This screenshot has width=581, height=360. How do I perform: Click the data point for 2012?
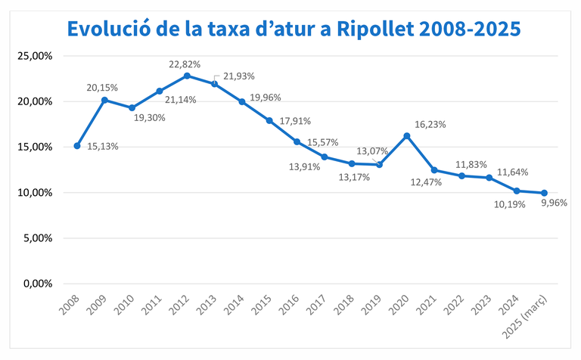[x=187, y=76]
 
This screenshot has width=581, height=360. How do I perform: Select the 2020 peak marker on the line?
[x=407, y=135]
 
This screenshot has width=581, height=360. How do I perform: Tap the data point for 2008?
[x=77, y=146]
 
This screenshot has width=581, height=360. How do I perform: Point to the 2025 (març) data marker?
[x=545, y=193]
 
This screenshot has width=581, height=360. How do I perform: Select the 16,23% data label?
[x=430, y=125]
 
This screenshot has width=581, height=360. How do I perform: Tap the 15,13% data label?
[x=103, y=147]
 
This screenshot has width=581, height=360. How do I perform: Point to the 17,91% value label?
[x=295, y=120]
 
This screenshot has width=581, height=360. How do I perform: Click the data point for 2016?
[x=297, y=141]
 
